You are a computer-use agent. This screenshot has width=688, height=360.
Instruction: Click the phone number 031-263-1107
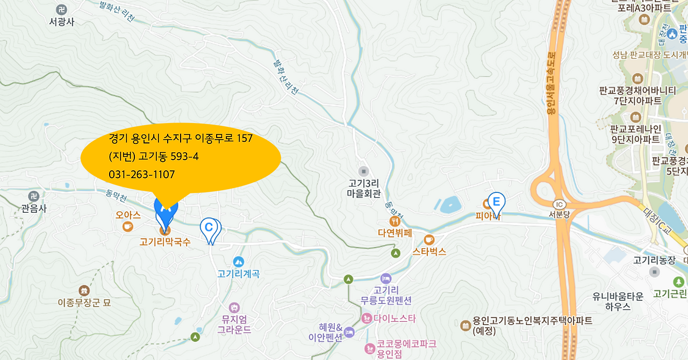pos(141,175)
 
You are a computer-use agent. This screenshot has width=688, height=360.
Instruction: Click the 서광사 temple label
pos(61,22)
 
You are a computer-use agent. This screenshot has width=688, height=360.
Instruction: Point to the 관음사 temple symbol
pos(34,196)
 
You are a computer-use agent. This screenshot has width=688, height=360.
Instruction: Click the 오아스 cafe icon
pos(127,227)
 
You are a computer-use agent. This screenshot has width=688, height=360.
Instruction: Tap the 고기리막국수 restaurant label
pos(165,242)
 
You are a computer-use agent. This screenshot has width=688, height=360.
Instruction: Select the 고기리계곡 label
pos(238,273)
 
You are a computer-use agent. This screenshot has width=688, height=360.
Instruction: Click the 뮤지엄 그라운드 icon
pos(234,308)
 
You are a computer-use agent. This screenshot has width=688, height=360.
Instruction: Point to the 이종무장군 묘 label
pos(84,303)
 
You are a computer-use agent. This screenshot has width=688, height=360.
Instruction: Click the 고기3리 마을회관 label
pos(364,188)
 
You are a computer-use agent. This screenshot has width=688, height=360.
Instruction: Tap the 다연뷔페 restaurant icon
pos(395,221)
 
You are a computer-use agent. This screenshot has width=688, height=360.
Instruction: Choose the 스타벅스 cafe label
pos(429,251)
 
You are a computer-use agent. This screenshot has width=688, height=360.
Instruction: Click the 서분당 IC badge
pos(558,204)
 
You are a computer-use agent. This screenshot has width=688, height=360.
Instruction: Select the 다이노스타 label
pos(396,318)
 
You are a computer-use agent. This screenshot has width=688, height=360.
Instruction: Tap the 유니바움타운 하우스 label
pos(618,301)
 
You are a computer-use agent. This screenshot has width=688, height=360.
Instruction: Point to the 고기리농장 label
pos(654,261)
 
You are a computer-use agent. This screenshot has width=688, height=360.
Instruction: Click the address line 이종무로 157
pos(181,139)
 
